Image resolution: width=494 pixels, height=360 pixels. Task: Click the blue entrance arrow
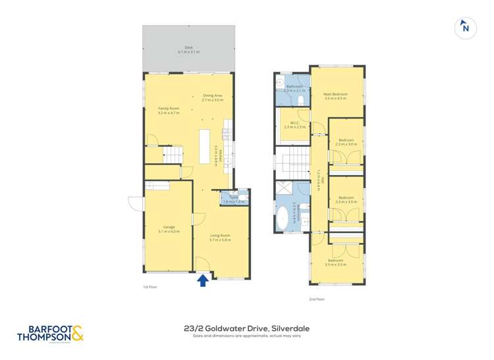pyautogui.click(x=204, y=280)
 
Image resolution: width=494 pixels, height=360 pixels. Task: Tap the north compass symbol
pyautogui.click(x=465, y=28)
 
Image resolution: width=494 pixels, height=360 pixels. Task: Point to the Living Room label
pyautogui.click(x=220, y=237)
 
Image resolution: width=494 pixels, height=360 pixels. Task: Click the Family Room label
pyautogui.click(x=169, y=111)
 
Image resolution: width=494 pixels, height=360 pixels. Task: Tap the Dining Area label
pyautogui.click(x=212, y=97)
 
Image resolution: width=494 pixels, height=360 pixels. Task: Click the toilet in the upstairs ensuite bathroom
pyautogui.click(x=300, y=99)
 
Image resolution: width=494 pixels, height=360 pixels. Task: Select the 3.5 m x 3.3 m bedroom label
pyautogui.click(x=336, y=262)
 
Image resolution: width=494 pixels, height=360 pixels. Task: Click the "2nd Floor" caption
pyautogui.click(x=317, y=299)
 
